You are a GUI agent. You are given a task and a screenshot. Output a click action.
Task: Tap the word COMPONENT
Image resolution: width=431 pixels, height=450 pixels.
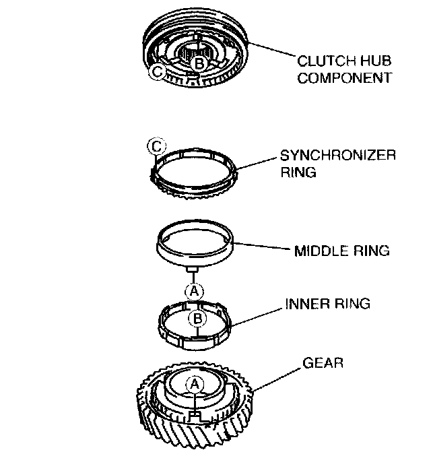click(x=345, y=77)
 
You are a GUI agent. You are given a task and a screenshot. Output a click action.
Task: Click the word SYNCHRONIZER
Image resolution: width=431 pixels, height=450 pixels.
click(x=337, y=156)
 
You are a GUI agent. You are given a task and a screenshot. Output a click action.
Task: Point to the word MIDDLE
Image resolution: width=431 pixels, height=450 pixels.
click(x=318, y=251)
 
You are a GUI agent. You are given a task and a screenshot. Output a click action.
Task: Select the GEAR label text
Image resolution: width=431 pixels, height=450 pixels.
click(x=323, y=363)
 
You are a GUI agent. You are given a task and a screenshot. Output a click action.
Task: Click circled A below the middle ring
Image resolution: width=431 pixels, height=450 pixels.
click(x=194, y=290)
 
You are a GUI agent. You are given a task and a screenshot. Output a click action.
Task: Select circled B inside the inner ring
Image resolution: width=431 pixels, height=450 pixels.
click(x=197, y=319)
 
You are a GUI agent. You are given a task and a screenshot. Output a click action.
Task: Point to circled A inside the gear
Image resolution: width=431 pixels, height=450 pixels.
click(x=194, y=383)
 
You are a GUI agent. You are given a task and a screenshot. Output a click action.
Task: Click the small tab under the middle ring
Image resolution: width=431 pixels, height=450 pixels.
click(x=193, y=269)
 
